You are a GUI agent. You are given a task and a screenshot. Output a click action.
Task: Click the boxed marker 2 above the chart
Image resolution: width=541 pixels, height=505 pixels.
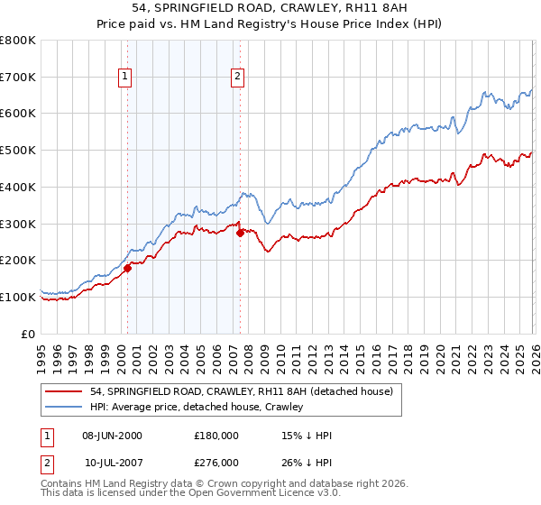pyautogui.click(x=237, y=78)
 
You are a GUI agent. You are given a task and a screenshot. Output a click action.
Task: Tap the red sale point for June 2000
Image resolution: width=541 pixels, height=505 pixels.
pyautogui.click(x=127, y=267)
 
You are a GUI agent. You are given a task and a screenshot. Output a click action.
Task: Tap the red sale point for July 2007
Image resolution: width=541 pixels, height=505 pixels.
pyautogui.click(x=240, y=233)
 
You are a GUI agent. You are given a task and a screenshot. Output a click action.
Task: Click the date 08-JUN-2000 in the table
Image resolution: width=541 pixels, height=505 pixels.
pyautogui.click(x=113, y=436)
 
